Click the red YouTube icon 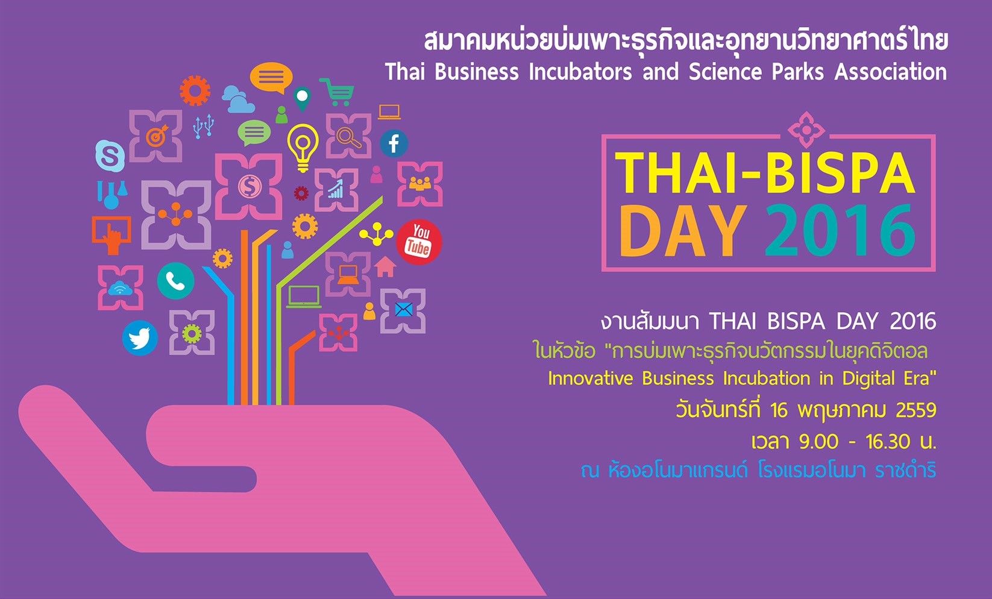click(419, 242)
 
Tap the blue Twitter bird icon click(140, 338)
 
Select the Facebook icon click(394, 143)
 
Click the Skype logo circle click(110, 155)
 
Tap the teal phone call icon click(175, 281)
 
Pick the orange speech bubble click(271, 78)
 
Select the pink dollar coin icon click(250, 186)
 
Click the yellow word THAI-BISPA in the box click(764, 174)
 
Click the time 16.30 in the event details click(888, 442)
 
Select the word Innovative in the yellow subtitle click(590, 378)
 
